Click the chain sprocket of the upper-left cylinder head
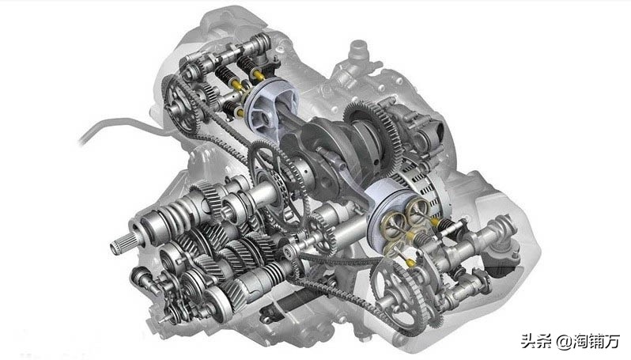[x=181, y=104]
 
